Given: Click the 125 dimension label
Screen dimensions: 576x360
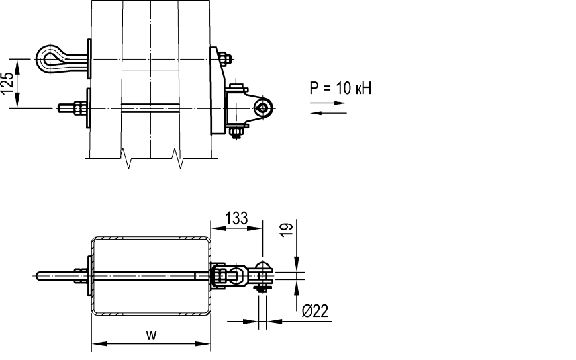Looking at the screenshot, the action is coord(7,83).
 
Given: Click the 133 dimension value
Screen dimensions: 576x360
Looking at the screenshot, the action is coord(236,218).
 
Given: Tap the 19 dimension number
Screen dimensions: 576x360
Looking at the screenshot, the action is coord(287,230).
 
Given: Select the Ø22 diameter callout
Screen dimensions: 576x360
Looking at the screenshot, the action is coord(315,311).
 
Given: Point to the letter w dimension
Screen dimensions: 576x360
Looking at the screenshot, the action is coord(151,335).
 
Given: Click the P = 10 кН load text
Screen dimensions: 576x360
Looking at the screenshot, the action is coord(340,88).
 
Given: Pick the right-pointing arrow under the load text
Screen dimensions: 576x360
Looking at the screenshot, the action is coord(328,103).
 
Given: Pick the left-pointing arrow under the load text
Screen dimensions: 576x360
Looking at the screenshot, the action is coord(328,113).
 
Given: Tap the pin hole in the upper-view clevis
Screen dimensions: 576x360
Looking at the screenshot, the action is coord(263,108).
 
